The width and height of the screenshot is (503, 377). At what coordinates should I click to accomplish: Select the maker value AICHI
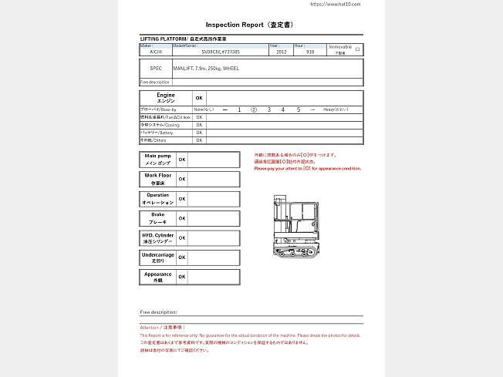[156, 52]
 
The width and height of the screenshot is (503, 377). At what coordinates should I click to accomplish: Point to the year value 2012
[281, 52]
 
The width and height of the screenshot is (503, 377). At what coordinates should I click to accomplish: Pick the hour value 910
[310, 52]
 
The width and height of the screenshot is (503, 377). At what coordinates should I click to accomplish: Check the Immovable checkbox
[357, 49]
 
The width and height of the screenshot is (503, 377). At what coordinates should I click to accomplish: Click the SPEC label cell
[156, 68]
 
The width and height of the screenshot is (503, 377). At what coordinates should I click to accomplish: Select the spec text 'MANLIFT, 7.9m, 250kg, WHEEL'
[207, 68]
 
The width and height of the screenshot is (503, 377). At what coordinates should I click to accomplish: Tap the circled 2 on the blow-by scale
[254, 110]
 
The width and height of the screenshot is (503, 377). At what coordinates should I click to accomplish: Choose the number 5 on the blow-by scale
[298, 110]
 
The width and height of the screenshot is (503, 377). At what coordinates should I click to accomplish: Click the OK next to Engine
[199, 98]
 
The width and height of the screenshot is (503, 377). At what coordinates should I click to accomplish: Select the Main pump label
[157, 160]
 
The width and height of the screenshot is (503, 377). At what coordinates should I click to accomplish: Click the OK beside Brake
[182, 218]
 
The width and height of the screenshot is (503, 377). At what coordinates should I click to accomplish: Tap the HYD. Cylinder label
[157, 237]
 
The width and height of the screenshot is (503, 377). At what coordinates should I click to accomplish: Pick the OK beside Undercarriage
[182, 258]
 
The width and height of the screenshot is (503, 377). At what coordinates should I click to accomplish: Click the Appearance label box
[157, 277]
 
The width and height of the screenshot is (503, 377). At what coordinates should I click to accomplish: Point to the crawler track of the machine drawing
[298, 251]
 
